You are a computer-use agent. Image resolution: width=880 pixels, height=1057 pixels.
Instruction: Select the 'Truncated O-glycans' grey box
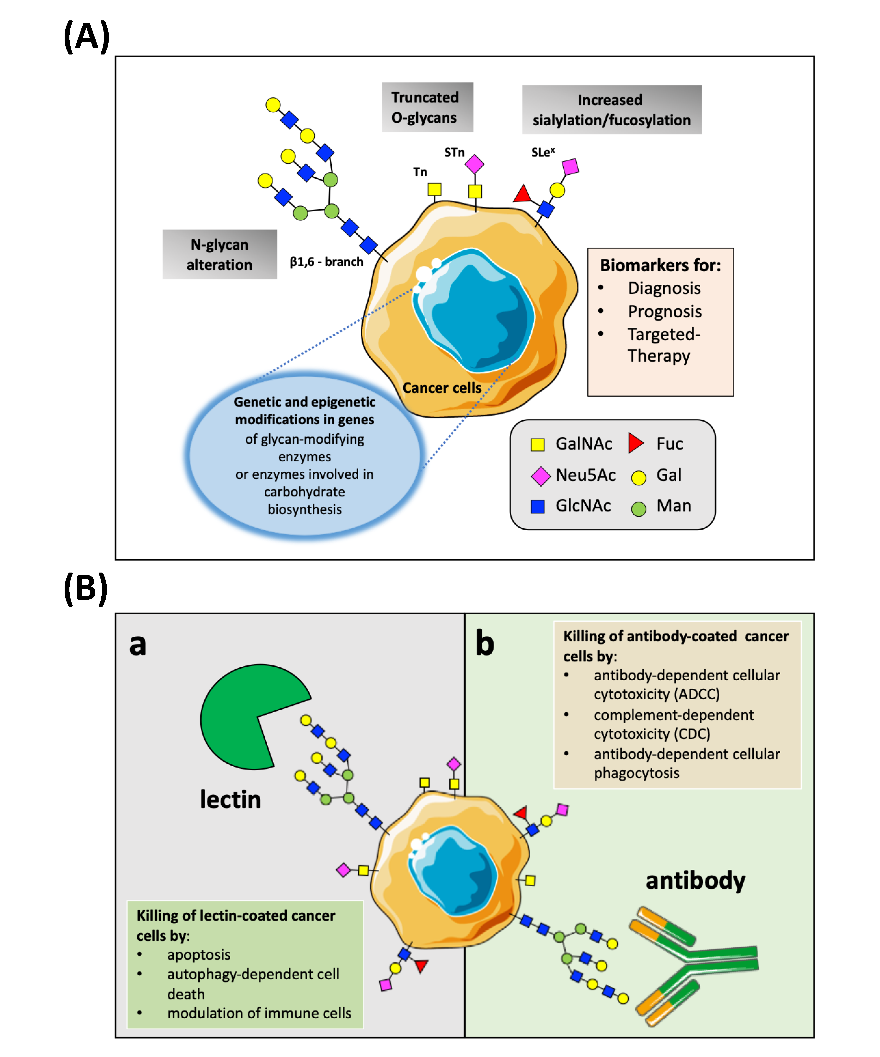(x=427, y=107)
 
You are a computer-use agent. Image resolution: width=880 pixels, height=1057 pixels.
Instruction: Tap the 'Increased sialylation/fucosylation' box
(x=611, y=110)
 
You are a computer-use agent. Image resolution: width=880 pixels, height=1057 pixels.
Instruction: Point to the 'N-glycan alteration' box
(x=220, y=254)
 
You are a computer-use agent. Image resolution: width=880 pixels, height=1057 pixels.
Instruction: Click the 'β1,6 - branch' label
(x=326, y=262)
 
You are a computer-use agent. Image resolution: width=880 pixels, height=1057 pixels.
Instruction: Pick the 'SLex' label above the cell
(x=543, y=152)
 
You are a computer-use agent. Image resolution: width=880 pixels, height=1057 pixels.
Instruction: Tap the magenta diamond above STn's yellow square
(x=474, y=164)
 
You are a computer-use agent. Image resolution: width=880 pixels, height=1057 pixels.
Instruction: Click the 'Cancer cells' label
(x=441, y=388)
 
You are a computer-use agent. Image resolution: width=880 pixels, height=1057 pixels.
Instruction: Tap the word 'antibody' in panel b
(x=695, y=880)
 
